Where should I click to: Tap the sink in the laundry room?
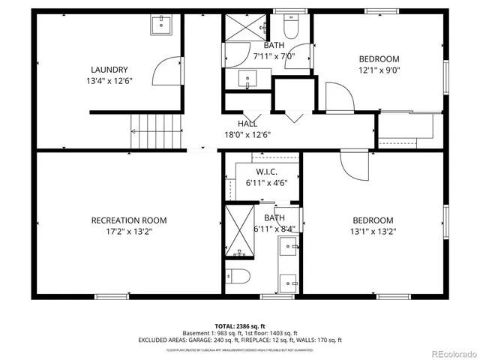(x=160, y=25)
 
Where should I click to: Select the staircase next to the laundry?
(x=157, y=130)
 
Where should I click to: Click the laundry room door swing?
(x=166, y=73)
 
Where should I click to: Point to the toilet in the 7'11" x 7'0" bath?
(x=293, y=28)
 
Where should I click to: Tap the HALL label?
(x=247, y=124)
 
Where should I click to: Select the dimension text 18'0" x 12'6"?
(x=247, y=135)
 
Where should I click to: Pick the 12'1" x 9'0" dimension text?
(x=379, y=71)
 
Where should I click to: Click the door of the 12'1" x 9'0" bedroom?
(x=338, y=96)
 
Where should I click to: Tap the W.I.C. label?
(x=267, y=172)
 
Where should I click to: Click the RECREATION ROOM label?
(x=129, y=220)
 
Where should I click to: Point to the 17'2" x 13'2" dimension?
(x=129, y=232)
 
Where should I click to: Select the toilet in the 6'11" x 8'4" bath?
(x=239, y=275)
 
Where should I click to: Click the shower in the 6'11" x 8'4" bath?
(x=239, y=232)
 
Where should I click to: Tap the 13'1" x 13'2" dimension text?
(x=373, y=232)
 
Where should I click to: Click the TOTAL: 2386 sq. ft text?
(x=240, y=326)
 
